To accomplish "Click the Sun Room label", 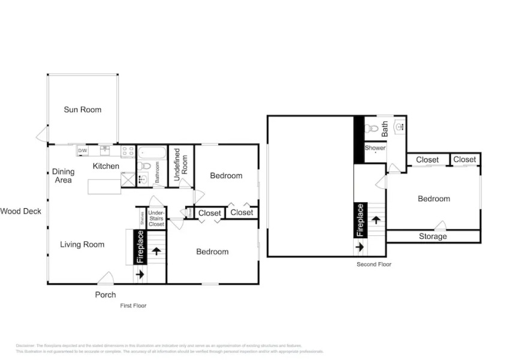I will pyautogui.click(x=83, y=110).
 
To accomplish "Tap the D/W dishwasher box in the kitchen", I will pyautogui.click(x=83, y=151).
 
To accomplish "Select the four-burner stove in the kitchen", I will pyautogui.click(x=128, y=151).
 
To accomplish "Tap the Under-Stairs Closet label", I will pyautogui.click(x=156, y=218).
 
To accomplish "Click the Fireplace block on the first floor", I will pyautogui.click(x=141, y=247).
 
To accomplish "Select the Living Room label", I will pyautogui.click(x=82, y=244).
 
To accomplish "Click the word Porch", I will pyautogui.click(x=106, y=295).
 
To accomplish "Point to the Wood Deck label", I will pyautogui.click(x=20, y=211).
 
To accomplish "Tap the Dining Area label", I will pyautogui.click(x=63, y=176).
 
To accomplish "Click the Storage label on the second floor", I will pyautogui.click(x=433, y=236).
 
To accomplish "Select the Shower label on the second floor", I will pyautogui.click(x=375, y=148).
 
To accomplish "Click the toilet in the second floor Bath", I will pyautogui.click(x=372, y=128).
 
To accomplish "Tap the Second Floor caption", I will pyautogui.click(x=374, y=264).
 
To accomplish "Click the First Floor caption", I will pyautogui.click(x=132, y=305).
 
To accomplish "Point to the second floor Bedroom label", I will pyautogui.click(x=433, y=199).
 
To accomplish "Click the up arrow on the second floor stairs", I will pyautogui.click(x=376, y=220).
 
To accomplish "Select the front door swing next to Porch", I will pyautogui.click(x=106, y=278).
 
